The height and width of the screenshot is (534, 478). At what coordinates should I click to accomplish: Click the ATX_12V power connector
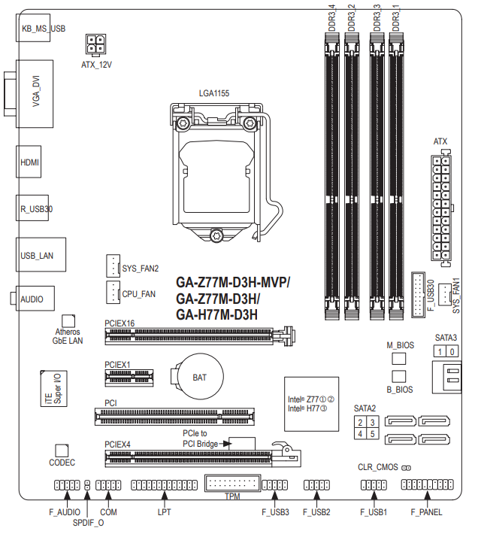[95, 44]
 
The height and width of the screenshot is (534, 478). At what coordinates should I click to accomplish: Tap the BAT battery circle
[199, 376]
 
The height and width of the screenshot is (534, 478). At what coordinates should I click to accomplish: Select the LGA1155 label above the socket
[214, 93]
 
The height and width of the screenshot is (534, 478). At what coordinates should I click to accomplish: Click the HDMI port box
[29, 162]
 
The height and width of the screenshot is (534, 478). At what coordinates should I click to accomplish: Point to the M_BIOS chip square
[399, 358]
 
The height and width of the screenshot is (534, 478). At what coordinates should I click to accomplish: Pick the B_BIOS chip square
[399, 376]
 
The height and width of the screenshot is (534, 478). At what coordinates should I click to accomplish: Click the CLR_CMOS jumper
[406, 468]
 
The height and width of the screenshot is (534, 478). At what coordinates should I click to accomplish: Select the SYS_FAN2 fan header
[113, 265]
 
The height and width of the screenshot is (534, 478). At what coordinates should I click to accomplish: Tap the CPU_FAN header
[113, 293]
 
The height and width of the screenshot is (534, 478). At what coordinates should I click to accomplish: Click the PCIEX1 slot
[129, 378]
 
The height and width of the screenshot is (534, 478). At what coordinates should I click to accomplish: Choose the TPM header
[233, 484]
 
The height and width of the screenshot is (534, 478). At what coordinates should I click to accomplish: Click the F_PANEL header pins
[428, 484]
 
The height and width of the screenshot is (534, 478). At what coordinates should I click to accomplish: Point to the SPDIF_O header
[87, 485]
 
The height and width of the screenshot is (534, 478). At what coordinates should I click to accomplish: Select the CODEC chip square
[62, 451]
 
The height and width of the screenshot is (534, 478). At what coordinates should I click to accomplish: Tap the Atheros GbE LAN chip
[68, 321]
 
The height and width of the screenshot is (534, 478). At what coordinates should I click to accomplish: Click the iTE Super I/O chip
[54, 389]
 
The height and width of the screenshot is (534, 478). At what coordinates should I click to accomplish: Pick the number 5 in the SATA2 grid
[373, 434]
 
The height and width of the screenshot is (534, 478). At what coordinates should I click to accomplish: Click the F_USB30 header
[418, 295]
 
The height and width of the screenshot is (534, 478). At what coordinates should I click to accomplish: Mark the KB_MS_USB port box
[33, 28]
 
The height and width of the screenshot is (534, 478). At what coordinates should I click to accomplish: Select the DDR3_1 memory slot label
[395, 18]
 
